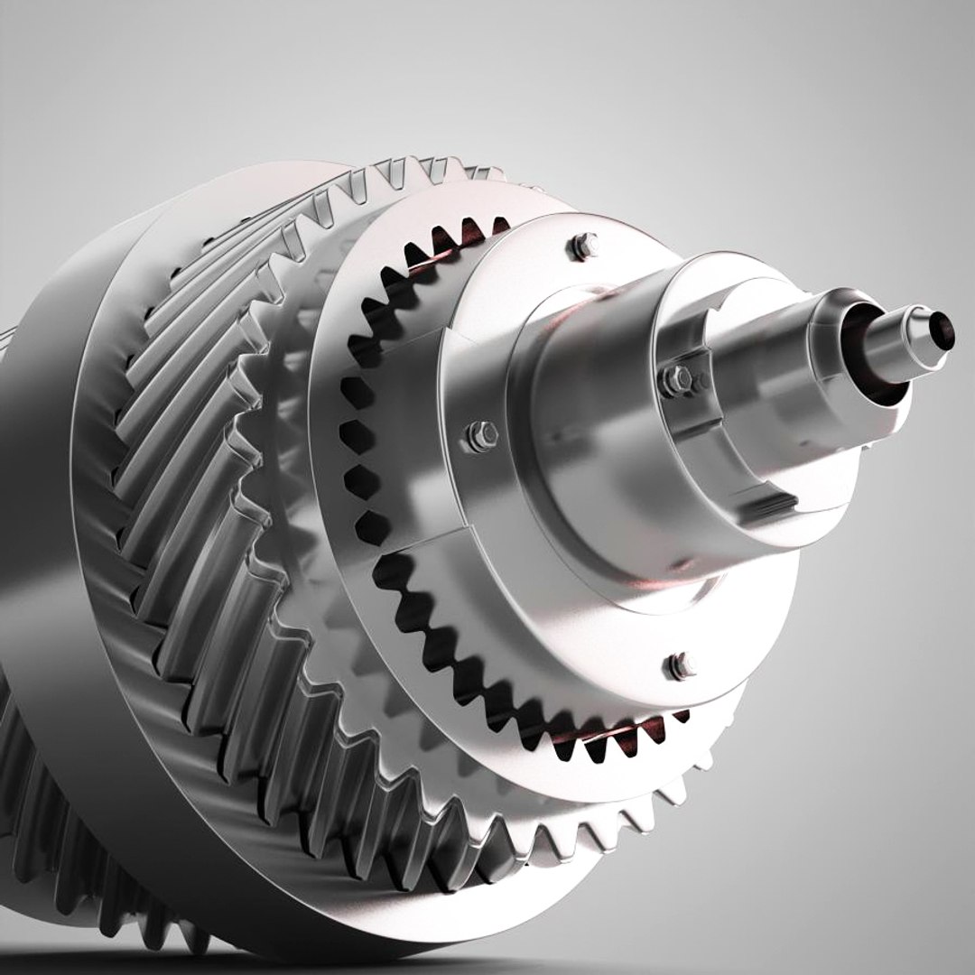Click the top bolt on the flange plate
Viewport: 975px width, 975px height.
[x=584, y=245]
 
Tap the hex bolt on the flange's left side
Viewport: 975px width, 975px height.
[x=480, y=435]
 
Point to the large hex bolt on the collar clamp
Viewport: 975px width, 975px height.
[x=673, y=378]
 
